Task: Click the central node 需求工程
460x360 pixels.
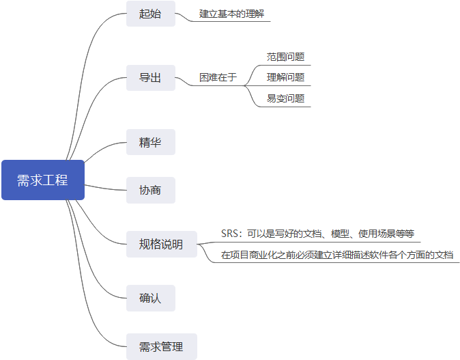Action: point(42,180)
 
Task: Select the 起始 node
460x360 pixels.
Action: point(150,14)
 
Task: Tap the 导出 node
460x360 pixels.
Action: point(150,78)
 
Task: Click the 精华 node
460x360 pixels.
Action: point(150,142)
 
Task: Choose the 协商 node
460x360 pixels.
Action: point(150,190)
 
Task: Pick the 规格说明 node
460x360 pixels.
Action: point(161,245)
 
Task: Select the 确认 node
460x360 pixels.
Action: point(150,298)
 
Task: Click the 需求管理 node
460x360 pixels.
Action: point(161,346)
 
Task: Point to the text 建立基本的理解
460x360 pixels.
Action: point(230,14)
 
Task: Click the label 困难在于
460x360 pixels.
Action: point(218,78)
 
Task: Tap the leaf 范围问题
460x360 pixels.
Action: point(285,57)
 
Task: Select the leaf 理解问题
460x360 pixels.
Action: point(285,77)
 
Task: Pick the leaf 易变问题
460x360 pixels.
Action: point(285,98)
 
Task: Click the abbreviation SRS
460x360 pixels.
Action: point(230,234)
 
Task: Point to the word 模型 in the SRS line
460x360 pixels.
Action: point(341,234)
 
